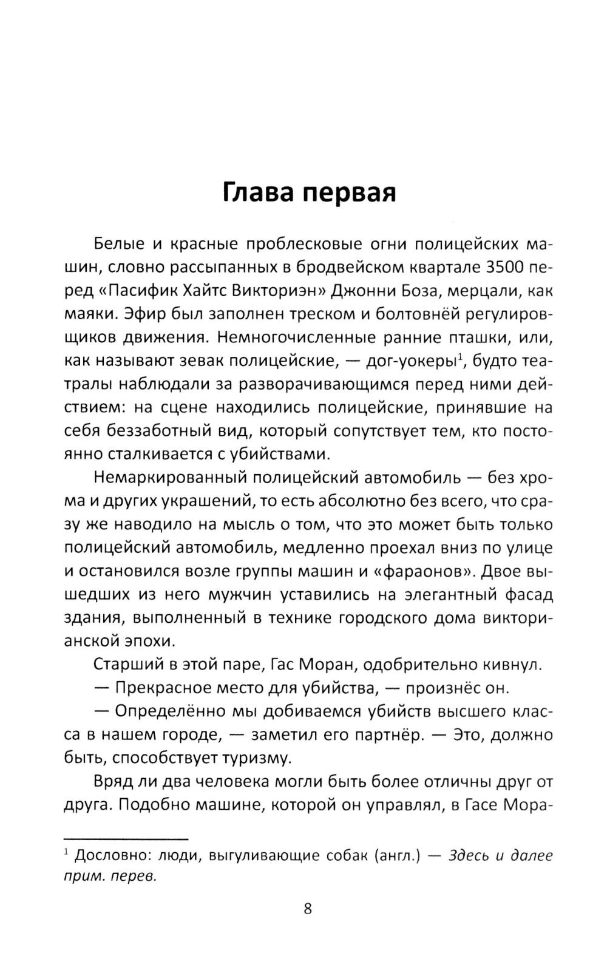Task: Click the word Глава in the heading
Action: point(257,192)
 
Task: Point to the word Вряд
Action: point(114,782)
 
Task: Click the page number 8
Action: point(307,909)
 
